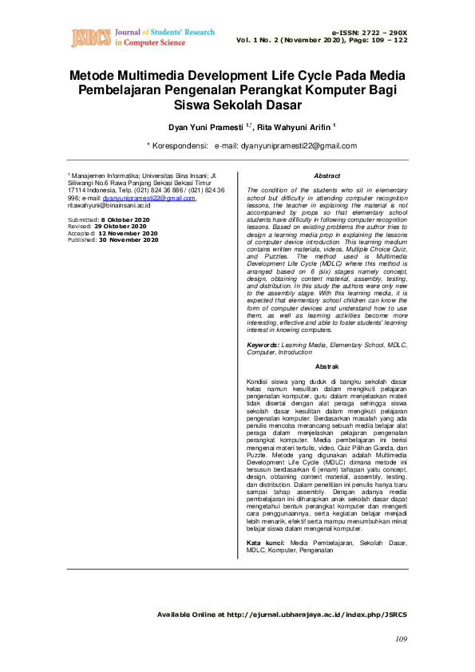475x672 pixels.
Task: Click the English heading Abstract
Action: [x=327, y=176]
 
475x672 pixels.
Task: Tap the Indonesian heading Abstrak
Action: [x=327, y=366]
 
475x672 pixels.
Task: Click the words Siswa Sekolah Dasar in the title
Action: [x=237, y=105]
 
